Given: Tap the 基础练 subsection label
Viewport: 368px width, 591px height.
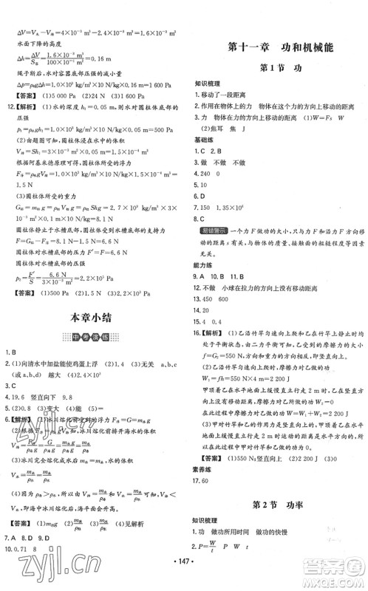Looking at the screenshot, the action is tap(205, 138).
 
